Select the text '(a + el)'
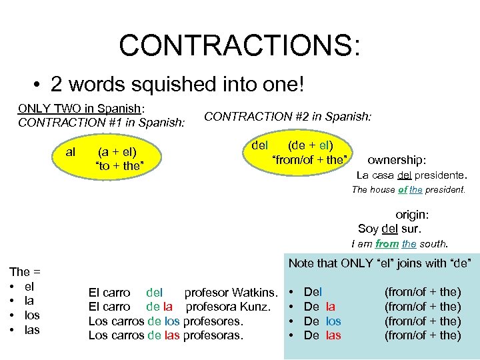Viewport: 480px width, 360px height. pyautogui.click(x=118, y=152)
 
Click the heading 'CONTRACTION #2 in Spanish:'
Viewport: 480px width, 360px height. pyautogui.click(x=287, y=116)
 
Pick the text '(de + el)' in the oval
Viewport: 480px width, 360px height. pyautogui.click(x=311, y=145)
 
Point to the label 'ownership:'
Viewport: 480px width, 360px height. pyautogui.click(x=397, y=160)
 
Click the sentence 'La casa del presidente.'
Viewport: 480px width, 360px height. pyautogui.click(x=411, y=176)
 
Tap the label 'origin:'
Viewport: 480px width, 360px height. pyautogui.click(x=412, y=215)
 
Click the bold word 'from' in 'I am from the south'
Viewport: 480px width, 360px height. pyautogui.click(x=387, y=244)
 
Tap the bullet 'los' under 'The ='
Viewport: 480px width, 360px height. pyautogui.click(x=32, y=315)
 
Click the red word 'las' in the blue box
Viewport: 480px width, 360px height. pyautogui.click(x=333, y=335)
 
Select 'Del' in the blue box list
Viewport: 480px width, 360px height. pyautogui.click(x=313, y=292)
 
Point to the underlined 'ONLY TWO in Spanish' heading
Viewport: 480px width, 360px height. pyautogui.click(x=79, y=109)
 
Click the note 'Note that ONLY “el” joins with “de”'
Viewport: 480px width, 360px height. pyautogui.click(x=383, y=263)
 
